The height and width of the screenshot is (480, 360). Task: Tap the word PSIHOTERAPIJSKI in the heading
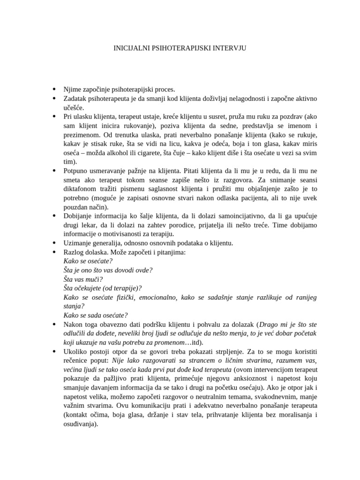point(180,48)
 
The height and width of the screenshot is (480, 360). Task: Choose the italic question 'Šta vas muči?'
point(83,279)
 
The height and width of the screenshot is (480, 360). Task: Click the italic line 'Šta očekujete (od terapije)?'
point(102,288)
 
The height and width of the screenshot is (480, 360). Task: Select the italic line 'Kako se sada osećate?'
point(95,315)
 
